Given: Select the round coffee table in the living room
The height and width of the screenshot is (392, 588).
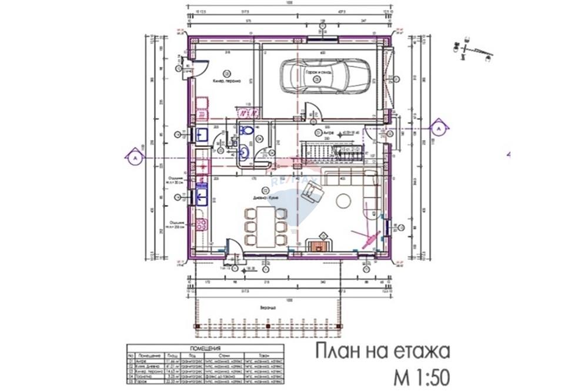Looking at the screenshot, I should tap(343, 202).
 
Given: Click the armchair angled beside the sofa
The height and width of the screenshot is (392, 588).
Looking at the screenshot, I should tap(312, 190).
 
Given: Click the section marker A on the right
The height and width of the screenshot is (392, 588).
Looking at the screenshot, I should tap(438, 126).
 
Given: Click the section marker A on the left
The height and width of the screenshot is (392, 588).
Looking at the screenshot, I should tap(134, 158).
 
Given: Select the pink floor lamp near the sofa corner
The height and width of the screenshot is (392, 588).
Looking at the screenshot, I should tap(370, 238).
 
